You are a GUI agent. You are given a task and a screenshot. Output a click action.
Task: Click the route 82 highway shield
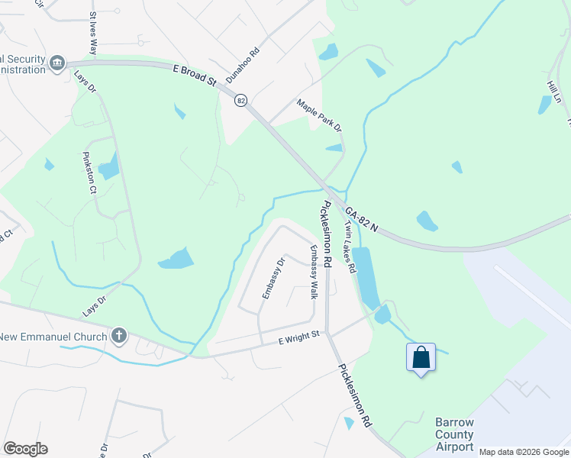241,102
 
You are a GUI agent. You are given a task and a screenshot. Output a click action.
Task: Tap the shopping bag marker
421,357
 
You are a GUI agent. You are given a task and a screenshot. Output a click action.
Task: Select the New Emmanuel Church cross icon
118,334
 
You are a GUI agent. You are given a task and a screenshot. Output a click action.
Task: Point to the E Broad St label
195,74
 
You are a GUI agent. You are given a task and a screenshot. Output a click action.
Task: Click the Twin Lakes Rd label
350,247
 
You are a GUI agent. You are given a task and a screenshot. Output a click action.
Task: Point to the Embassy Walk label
312,271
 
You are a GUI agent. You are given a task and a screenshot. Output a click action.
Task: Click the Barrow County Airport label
454,434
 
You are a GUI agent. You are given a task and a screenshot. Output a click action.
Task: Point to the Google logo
26,449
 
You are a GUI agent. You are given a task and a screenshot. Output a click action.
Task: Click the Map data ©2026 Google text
523,452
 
